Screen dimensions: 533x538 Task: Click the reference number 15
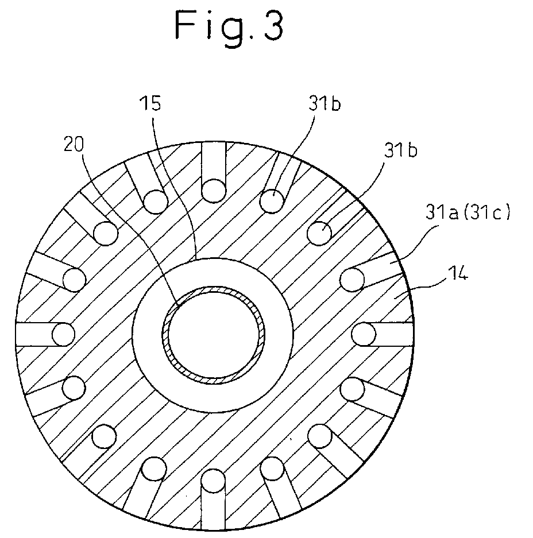[150, 103]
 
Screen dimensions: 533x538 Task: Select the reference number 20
[74, 144]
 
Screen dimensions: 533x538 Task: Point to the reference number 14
[458, 273]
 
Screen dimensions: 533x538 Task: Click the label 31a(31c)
[468, 212]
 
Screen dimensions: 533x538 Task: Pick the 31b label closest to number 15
[325, 103]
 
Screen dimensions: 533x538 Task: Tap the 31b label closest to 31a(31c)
[400, 150]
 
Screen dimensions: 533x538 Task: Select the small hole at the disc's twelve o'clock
[214, 191]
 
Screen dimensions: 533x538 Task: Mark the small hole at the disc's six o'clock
[213, 481]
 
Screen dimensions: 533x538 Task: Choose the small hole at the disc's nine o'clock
[64, 334]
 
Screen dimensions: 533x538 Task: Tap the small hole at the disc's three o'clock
[364, 334]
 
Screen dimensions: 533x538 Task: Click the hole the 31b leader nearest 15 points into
[272, 201]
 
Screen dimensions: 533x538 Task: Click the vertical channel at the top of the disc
[214, 161]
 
